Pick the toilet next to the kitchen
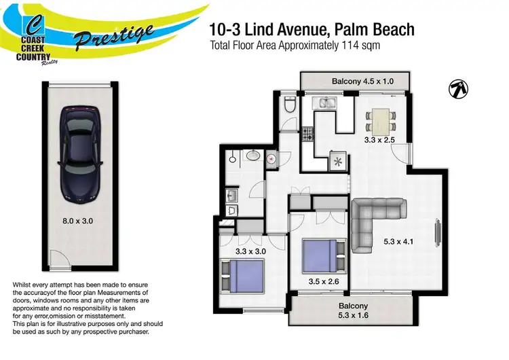[x=290, y=106]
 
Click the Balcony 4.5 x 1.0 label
[x=362, y=82]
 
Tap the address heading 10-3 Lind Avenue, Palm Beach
[x=312, y=31]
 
